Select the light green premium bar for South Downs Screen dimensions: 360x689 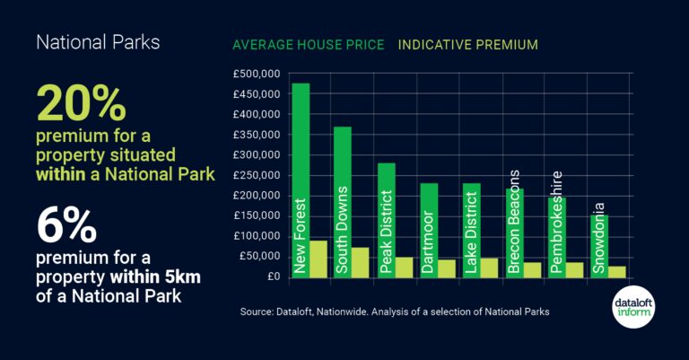360,261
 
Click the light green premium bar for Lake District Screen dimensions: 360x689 489,267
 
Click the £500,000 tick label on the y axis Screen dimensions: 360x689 257,74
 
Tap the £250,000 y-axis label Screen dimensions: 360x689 257,175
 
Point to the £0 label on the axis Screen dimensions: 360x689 271,277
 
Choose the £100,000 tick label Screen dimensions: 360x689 257,236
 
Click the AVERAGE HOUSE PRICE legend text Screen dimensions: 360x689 308,44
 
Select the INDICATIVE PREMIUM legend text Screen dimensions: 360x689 467,44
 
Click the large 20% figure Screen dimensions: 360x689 82,106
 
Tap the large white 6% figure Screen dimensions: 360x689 66,227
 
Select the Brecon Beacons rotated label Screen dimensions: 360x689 513,221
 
